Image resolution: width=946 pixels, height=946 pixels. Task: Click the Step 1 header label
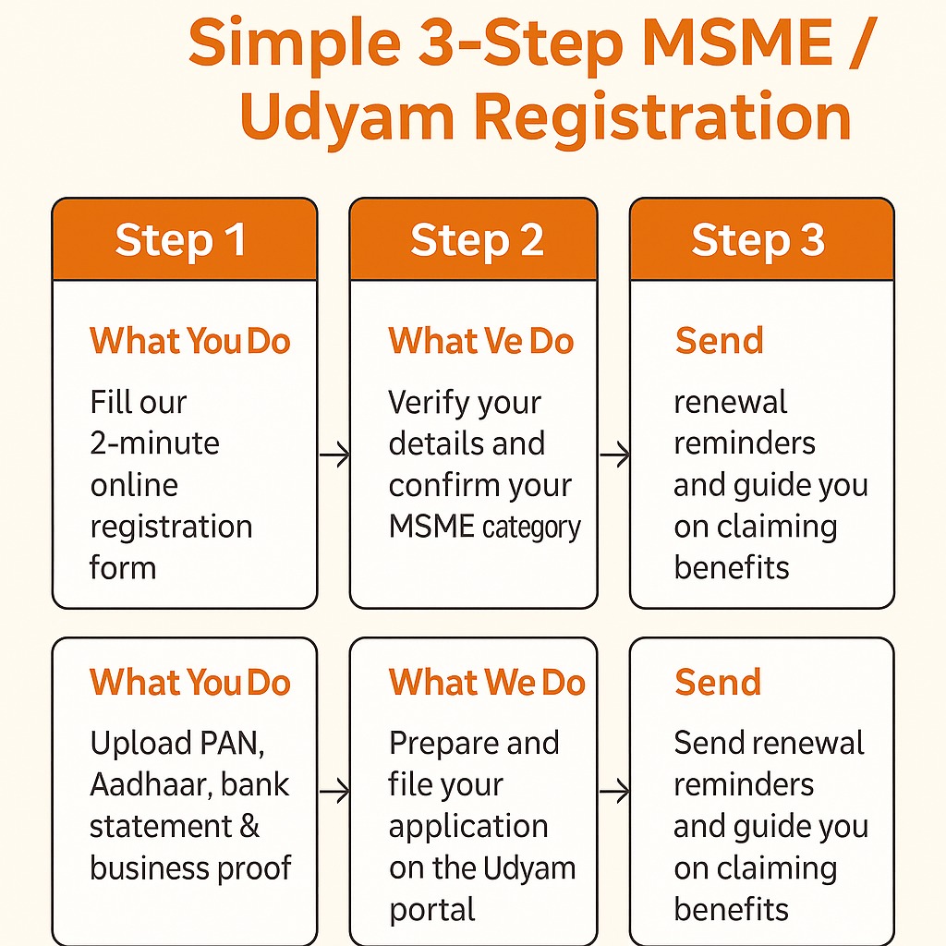pos(181,240)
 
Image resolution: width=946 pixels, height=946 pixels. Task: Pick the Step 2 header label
pos(477,240)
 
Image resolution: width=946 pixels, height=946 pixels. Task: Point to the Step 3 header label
pos(758,240)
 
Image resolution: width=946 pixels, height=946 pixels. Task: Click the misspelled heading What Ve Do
pos(481,341)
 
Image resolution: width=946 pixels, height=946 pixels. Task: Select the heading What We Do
pos(487,683)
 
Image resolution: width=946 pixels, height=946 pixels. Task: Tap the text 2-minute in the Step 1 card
pos(154,443)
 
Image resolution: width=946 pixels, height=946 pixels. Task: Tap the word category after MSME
pos(531,528)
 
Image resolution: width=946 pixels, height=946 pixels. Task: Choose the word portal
pos(431,910)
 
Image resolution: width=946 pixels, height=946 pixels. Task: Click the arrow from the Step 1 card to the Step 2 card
pos(334,455)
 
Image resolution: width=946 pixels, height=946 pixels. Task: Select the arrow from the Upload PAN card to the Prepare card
pos(334,791)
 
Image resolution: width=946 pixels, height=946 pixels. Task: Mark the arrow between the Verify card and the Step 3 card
pos(614,455)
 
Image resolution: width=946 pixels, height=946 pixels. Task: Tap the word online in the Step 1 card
pos(134,485)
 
